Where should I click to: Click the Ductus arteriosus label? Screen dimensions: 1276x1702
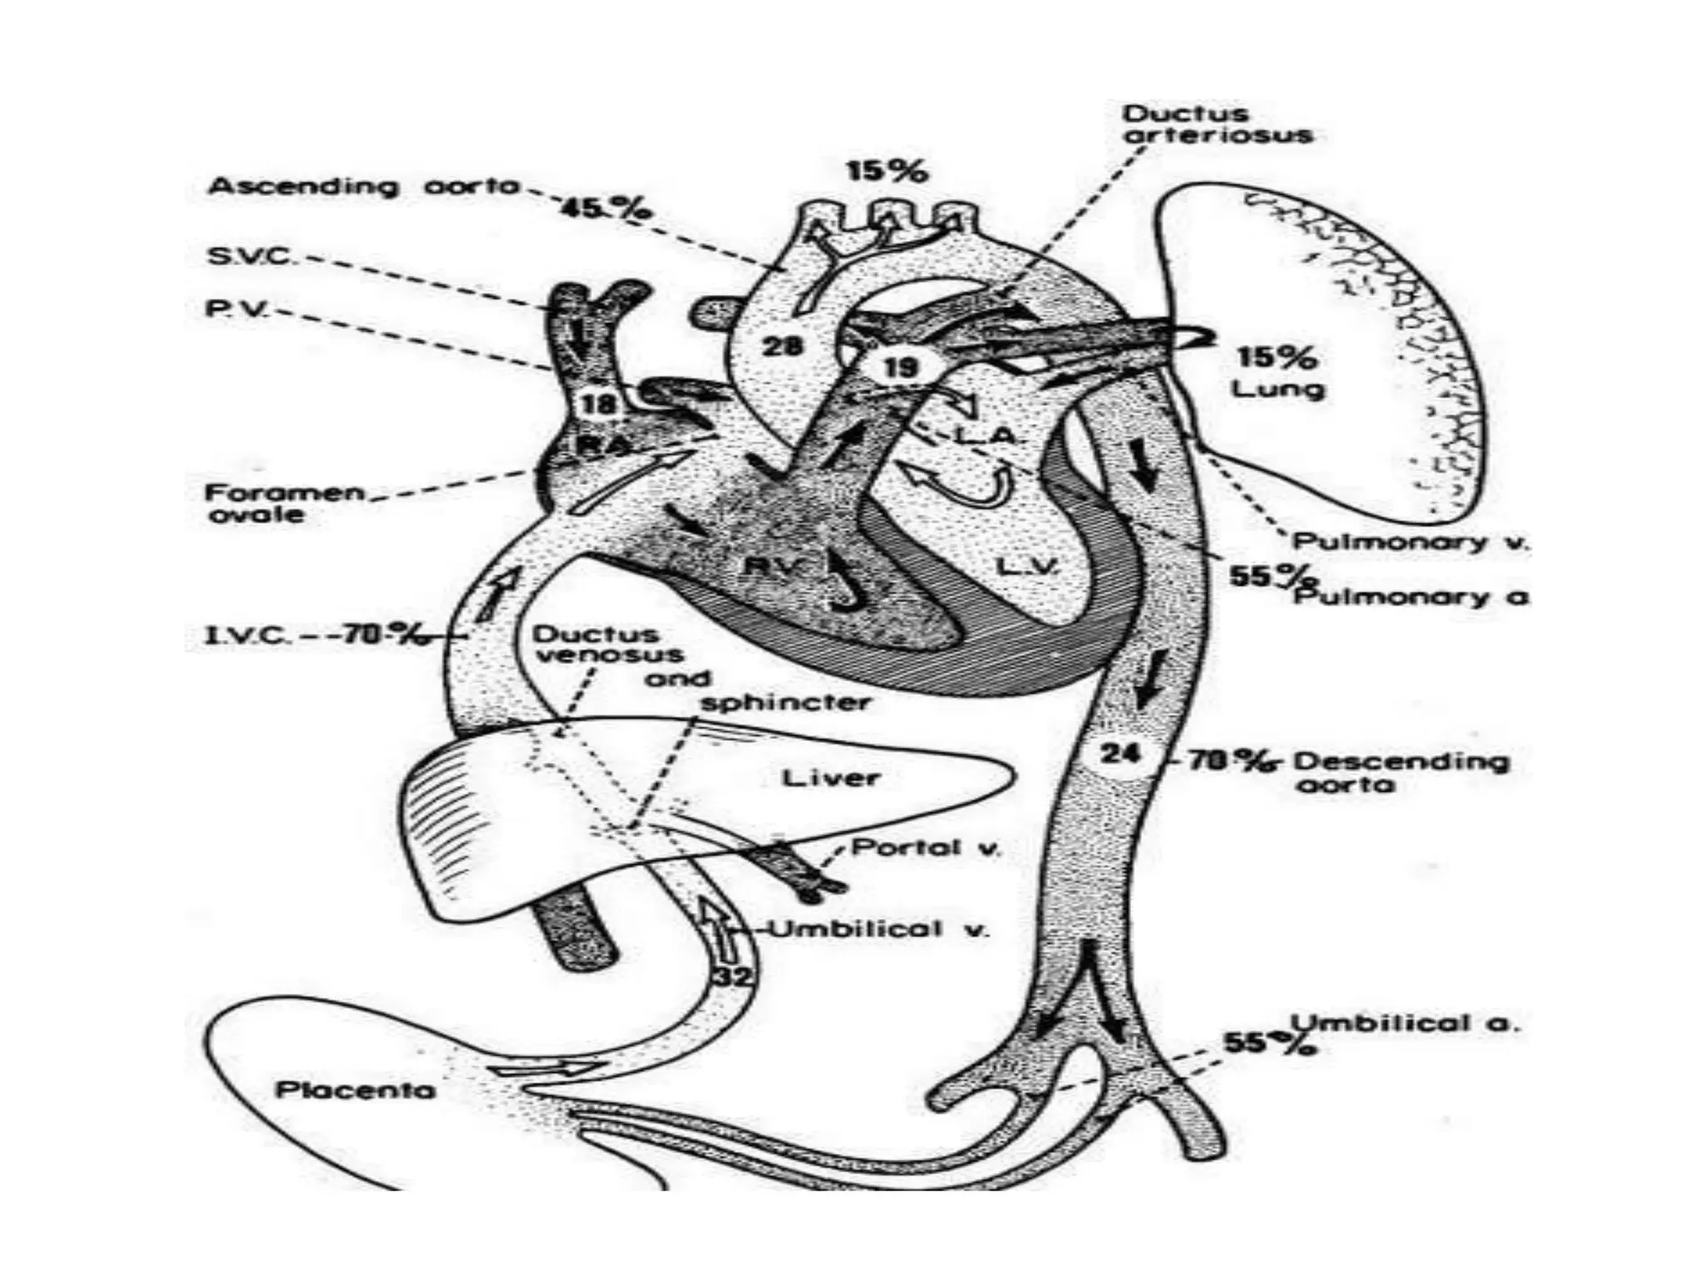[x=1217, y=125]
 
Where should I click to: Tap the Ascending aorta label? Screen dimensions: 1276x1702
[x=363, y=186]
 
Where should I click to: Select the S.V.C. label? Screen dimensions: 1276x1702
[x=249, y=256]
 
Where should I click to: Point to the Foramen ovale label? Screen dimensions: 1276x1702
[x=283, y=503]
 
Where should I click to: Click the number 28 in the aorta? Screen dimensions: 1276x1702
[x=783, y=345]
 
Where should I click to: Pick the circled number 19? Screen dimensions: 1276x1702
[x=900, y=366]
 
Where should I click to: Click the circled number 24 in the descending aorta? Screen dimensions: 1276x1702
[x=1120, y=754]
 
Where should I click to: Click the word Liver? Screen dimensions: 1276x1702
[x=830, y=778]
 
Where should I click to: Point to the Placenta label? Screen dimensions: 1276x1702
[x=355, y=1089]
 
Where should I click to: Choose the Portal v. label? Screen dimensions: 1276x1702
[x=927, y=848]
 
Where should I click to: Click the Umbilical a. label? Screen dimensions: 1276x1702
[x=1404, y=1023]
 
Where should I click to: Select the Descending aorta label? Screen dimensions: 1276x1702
[x=1400, y=772]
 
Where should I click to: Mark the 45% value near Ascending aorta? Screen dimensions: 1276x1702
[x=605, y=209]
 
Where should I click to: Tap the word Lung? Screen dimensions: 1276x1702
[x=1277, y=389]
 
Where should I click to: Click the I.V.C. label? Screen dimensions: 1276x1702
[x=248, y=637]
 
